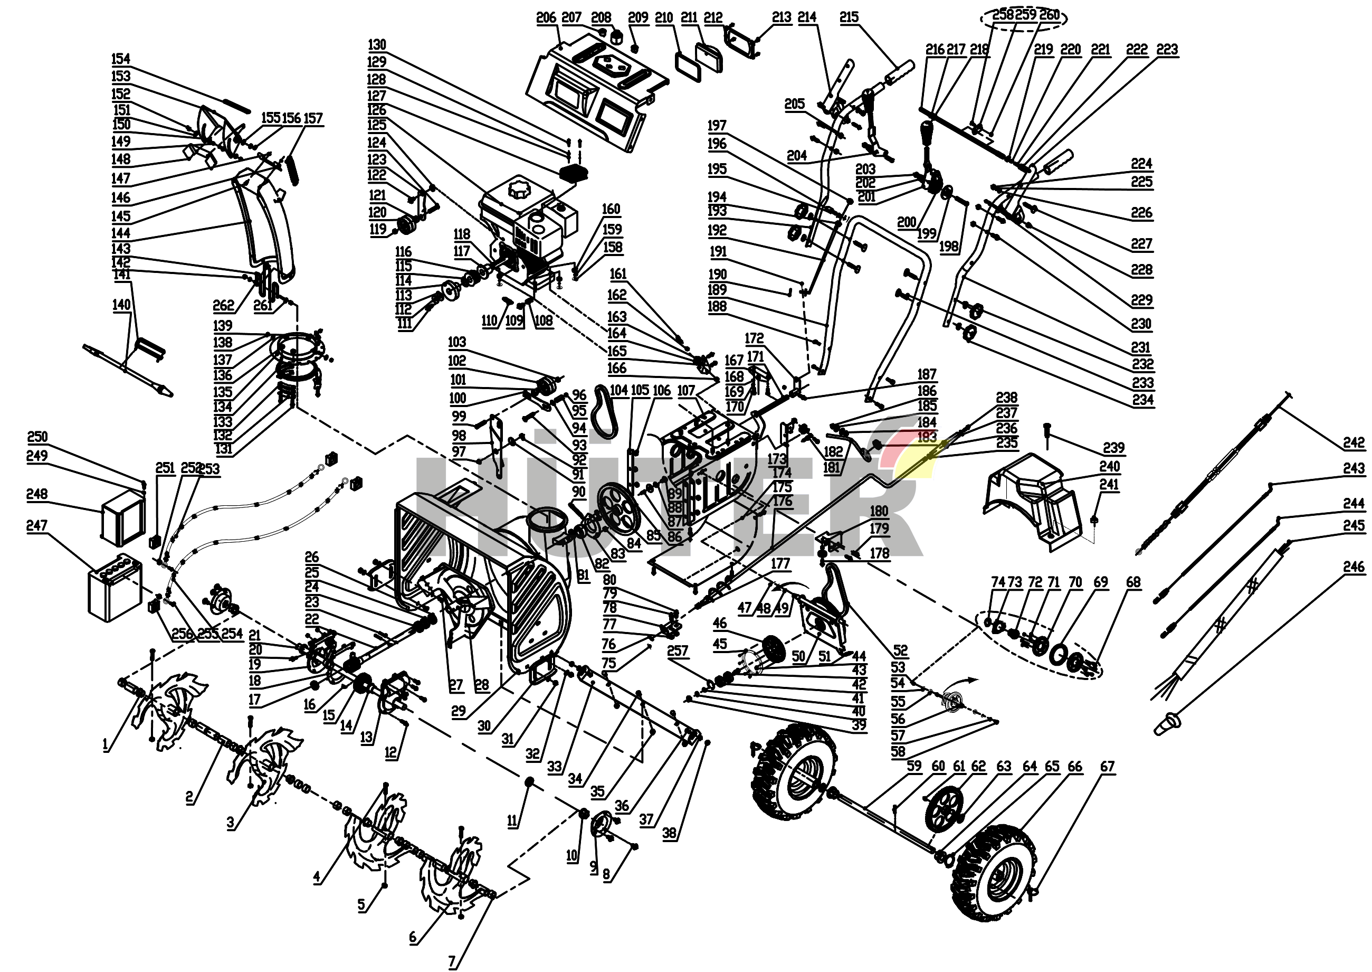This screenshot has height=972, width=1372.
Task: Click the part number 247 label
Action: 36,525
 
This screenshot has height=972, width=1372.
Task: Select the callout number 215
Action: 849,17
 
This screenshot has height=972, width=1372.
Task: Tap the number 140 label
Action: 121,305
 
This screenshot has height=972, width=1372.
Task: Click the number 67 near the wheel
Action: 1107,767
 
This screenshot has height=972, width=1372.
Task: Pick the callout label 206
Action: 546,18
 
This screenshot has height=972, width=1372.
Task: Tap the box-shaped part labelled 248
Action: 123,516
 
